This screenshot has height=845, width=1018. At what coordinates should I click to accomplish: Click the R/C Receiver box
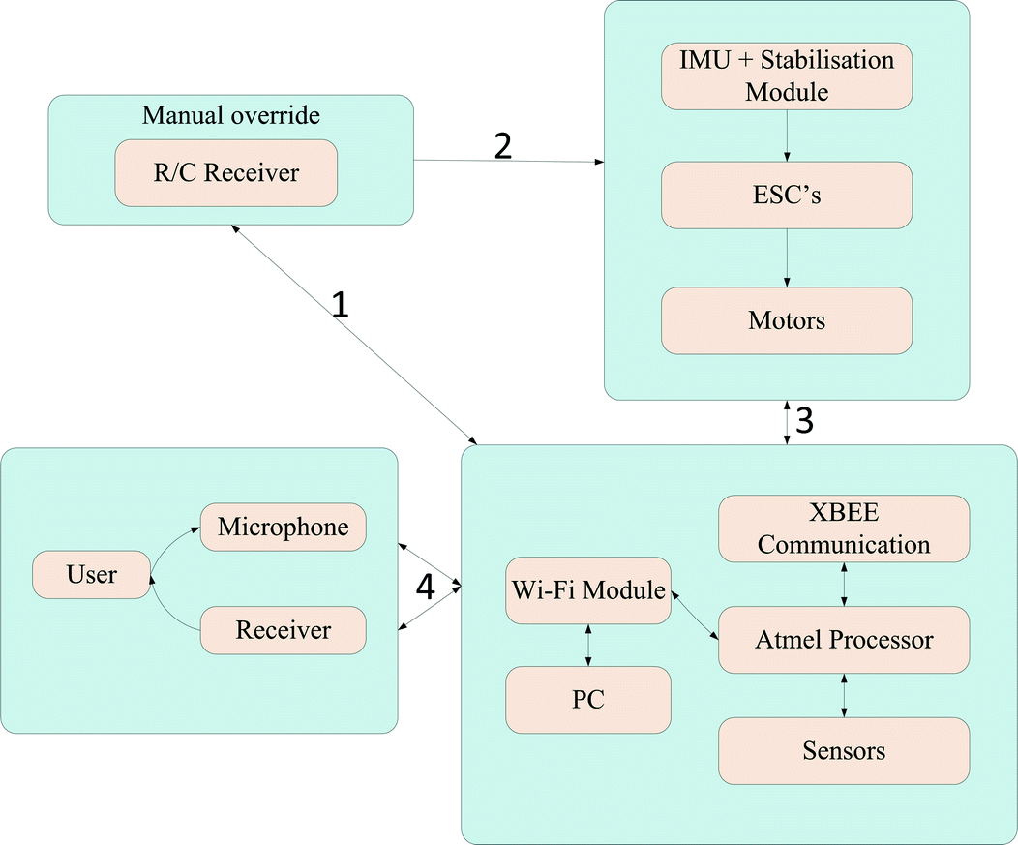point(226,173)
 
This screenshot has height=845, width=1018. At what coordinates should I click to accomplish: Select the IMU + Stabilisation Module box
point(787,76)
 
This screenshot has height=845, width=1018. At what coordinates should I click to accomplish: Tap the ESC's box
point(787,196)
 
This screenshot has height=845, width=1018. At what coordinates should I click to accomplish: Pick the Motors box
point(787,319)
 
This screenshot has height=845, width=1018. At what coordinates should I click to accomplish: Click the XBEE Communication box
point(844,528)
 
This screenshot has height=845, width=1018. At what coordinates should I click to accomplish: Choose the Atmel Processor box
point(844,640)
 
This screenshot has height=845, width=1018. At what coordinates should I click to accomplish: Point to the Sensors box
point(844,750)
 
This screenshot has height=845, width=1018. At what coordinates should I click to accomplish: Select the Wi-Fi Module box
point(588,589)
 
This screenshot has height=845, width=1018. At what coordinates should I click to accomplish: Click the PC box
point(588,699)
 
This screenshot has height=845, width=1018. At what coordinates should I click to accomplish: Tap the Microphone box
point(283,528)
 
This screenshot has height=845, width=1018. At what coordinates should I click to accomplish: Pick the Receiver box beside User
point(283,631)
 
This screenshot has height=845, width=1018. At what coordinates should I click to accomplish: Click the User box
point(92,574)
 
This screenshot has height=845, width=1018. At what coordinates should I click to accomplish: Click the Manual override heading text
point(230,115)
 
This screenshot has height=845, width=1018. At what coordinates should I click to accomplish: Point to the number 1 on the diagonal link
point(340,305)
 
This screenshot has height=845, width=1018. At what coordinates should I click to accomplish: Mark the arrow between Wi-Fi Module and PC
point(588,645)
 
